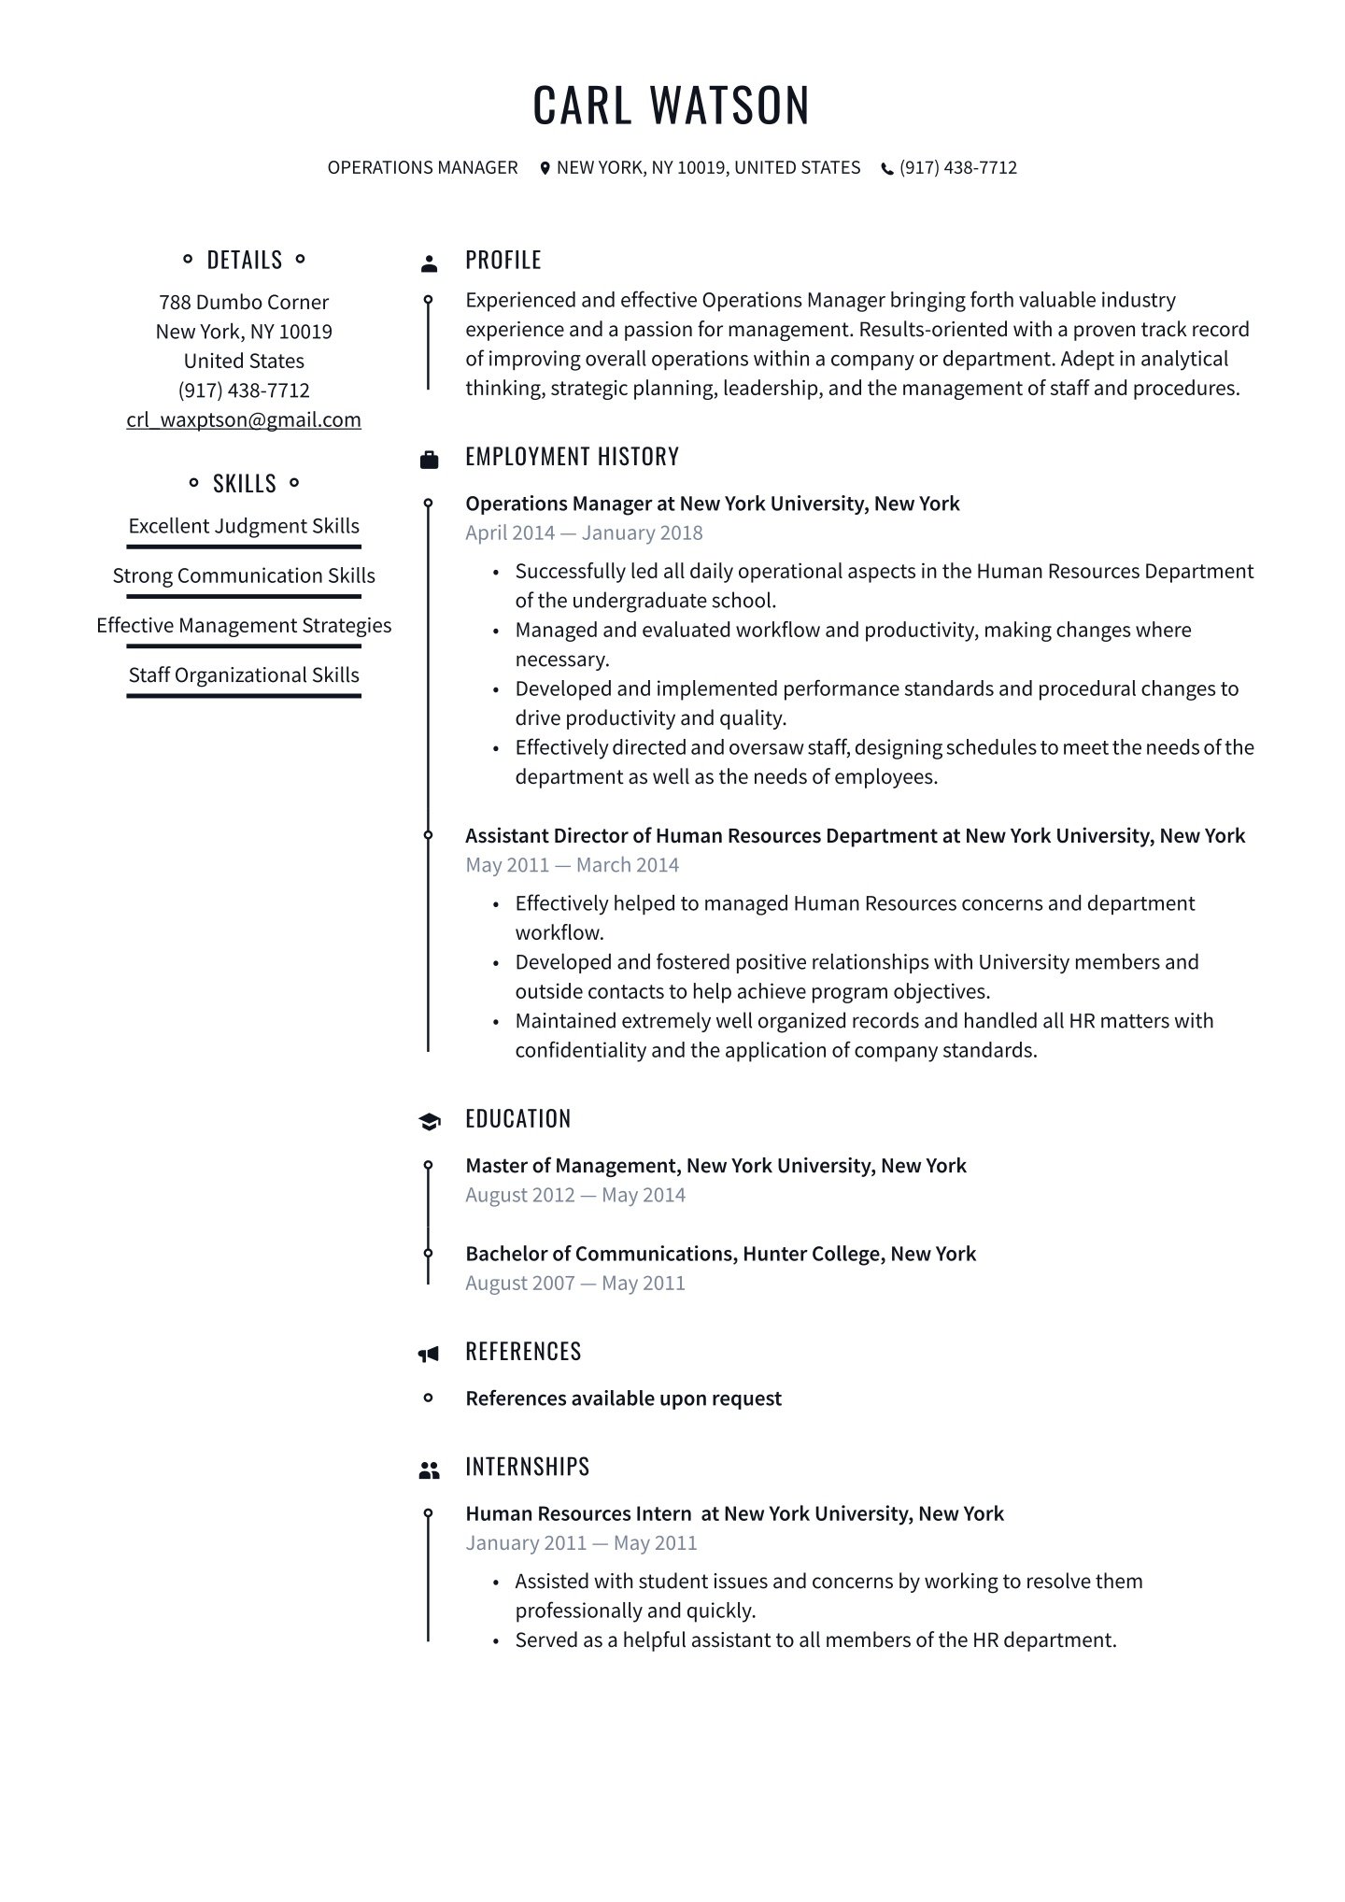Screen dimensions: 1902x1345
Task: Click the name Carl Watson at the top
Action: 671,105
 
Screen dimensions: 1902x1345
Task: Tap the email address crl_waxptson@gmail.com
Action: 244,419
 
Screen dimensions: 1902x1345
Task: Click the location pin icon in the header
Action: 545,168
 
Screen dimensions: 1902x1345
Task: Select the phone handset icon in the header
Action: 887,169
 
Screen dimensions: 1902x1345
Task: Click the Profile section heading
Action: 503,260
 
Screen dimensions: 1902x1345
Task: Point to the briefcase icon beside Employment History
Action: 429,459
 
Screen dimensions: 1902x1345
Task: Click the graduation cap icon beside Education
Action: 429,1121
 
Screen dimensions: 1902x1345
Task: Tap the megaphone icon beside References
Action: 429,1353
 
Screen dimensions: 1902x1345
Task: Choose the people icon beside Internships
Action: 429,1470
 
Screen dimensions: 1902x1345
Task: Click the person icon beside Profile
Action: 429,263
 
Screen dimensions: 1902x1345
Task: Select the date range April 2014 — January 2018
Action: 584,533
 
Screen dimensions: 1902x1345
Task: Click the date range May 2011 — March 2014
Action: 572,865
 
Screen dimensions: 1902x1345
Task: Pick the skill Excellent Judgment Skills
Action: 244,526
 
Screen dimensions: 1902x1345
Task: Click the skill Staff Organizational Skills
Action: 244,674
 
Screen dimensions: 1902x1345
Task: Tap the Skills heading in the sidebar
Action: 244,483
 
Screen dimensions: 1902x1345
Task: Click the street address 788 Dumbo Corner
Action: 244,302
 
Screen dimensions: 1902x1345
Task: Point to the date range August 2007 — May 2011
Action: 575,1284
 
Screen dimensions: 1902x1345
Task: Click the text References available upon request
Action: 623,1398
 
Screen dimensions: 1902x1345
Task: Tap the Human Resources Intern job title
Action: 578,1513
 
